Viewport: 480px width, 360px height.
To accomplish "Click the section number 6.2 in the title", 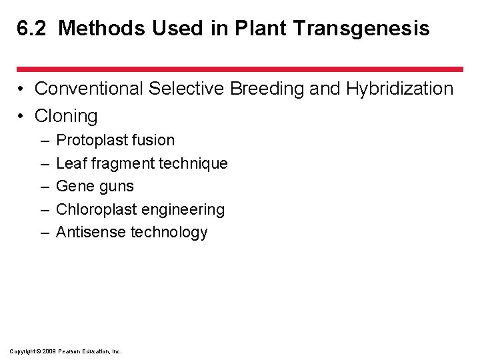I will click(x=32, y=29).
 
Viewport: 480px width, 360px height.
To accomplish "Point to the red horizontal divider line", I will click(x=240, y=69).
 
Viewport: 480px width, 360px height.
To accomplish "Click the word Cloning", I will click(x=66, y=116).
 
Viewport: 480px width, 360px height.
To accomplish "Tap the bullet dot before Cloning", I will click(x=22, y=117).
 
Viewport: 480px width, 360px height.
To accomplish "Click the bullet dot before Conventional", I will click(x=22, y=89).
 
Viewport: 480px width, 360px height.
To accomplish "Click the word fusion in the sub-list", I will click(x=153, y=141).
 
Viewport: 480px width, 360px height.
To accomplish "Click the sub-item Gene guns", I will click(x=95, y=187).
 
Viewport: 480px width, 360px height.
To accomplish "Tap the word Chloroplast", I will click(x=96, y=209).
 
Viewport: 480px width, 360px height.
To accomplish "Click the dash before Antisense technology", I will click(x=43, y=232).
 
